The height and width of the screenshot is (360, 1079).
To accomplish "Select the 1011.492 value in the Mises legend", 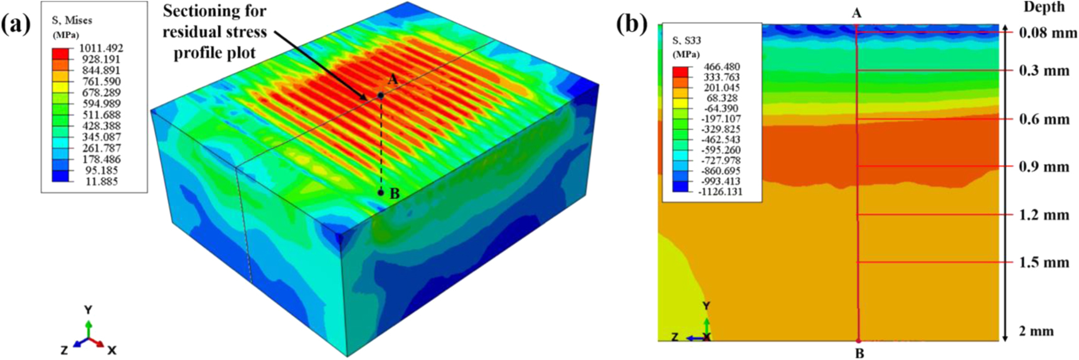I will (101, 48).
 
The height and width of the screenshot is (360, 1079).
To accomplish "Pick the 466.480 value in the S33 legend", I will (723, 67).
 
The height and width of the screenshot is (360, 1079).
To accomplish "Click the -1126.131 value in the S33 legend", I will (720, 192).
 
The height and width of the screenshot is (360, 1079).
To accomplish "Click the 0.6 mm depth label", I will (1044, 119).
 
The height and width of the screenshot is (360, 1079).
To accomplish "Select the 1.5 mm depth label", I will (1044, 262).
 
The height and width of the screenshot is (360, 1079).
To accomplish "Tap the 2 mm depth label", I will (1036, 331).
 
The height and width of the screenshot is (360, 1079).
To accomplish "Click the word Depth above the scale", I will (1044, 7).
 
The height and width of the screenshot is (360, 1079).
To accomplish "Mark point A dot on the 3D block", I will (381, 95).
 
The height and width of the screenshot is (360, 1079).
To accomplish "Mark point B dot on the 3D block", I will (381, 193).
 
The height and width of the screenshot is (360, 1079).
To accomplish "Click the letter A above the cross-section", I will (856, 13).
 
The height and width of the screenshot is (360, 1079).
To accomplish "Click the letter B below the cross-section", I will (859, 353).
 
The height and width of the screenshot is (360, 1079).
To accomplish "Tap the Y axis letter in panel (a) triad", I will (88, 310).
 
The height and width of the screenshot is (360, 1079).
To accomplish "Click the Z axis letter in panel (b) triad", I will (675, 337).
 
